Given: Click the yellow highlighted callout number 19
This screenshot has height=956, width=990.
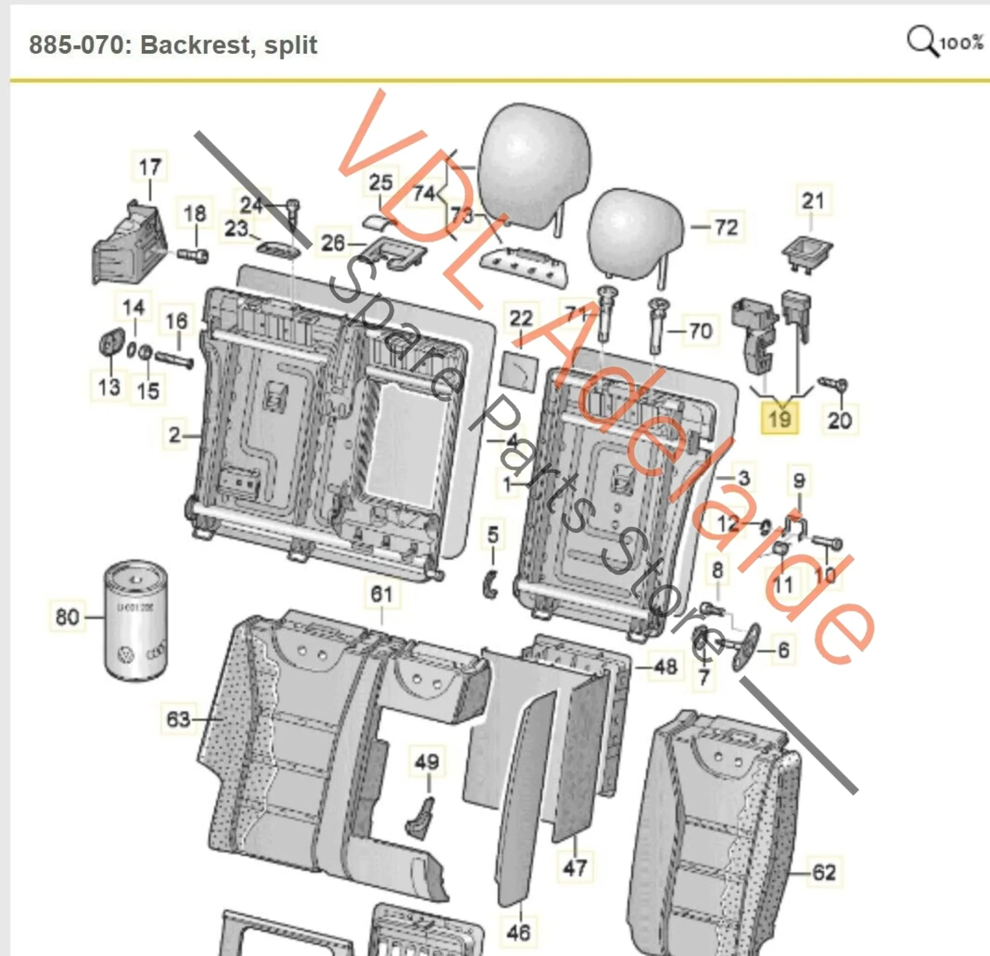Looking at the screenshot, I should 779,419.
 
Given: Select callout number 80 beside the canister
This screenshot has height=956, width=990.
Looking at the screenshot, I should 67,616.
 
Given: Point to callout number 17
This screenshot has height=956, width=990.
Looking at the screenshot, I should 150,167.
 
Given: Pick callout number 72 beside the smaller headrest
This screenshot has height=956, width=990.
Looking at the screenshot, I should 726,226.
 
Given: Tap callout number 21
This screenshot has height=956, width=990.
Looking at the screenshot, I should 812,200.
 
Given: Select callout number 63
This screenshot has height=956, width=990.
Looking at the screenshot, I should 178,719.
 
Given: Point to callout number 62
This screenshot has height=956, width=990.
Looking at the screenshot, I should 823,872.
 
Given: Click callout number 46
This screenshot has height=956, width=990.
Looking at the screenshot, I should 518,932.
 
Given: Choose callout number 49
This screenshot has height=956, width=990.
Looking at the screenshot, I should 427,762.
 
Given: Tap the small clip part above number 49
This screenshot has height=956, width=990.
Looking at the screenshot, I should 421,818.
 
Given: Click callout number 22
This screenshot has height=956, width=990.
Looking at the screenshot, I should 521,318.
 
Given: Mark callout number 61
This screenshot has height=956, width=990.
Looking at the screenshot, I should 382,594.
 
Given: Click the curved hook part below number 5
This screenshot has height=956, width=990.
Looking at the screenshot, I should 491,584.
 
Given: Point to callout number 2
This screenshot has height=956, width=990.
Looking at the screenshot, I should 174,435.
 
